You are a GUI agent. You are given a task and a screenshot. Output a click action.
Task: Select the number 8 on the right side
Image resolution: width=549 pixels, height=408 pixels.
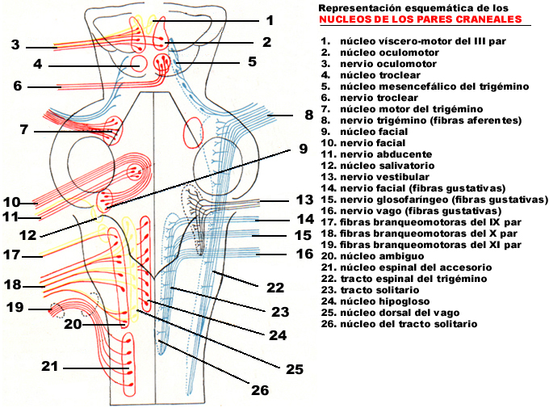tap(308, 115)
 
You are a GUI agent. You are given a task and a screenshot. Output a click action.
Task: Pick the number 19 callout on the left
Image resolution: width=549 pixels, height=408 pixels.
tap(15, 308)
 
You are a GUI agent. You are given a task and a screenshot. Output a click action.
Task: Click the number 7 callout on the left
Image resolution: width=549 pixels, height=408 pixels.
tap(24, 129)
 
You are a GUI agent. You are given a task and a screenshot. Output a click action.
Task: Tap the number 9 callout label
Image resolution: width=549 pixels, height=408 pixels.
tap(304, 149)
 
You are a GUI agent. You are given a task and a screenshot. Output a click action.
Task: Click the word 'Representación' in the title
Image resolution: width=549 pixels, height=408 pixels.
tap(354, 7)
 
